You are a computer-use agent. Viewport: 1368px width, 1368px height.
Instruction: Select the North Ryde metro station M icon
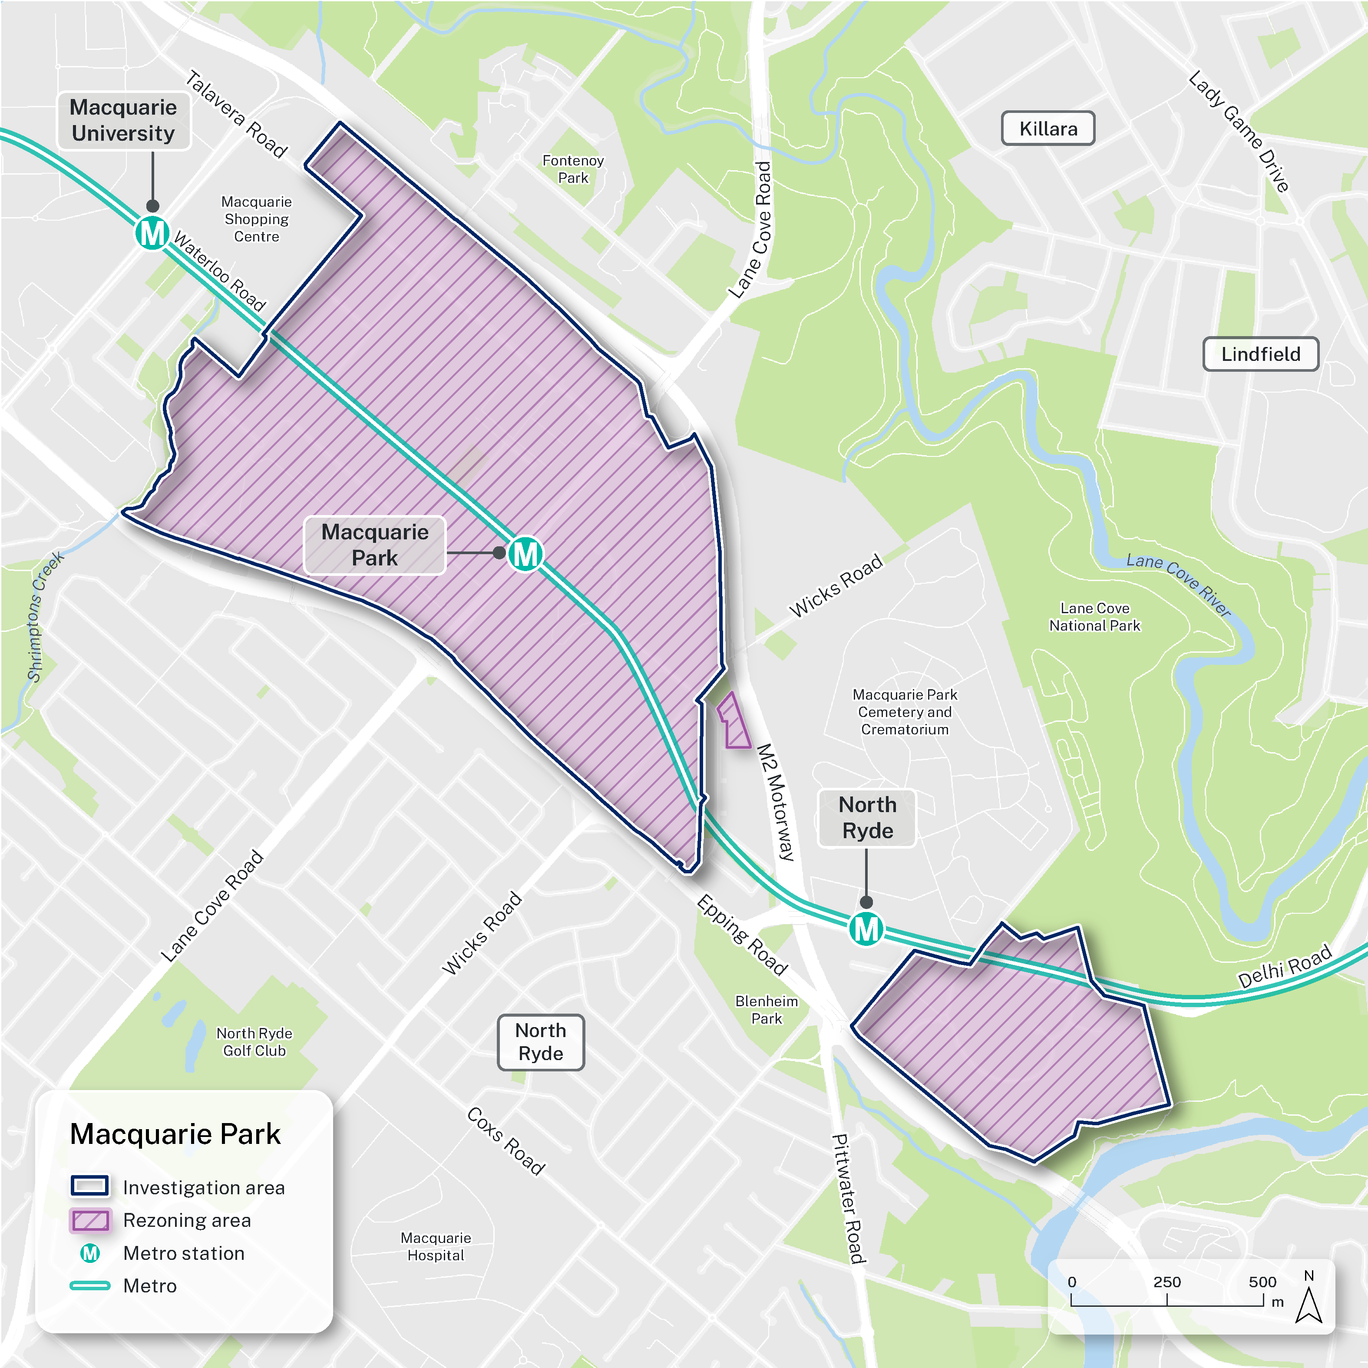[866, 929]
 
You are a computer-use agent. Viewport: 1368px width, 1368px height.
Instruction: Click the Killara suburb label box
[1048, 129]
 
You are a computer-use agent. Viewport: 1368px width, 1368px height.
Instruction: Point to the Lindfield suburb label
[1260, 354]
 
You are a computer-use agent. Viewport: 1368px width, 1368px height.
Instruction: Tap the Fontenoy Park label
[573, 169]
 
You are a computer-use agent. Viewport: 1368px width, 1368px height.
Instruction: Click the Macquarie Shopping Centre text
[256, 219]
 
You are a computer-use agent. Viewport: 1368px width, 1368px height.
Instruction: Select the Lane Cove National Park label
[1095, 617]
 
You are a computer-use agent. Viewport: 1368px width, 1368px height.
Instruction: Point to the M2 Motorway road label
[777, 802]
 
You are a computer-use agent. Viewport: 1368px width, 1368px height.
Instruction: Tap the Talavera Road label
[237, 115]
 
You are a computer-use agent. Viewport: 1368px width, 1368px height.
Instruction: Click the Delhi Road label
[1285, 967]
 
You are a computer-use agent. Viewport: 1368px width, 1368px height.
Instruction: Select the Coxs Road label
[506, 1141]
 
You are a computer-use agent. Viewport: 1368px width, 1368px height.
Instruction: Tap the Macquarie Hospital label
[436, 1246]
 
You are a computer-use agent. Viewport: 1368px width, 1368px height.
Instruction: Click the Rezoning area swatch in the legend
[90, 1220]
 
